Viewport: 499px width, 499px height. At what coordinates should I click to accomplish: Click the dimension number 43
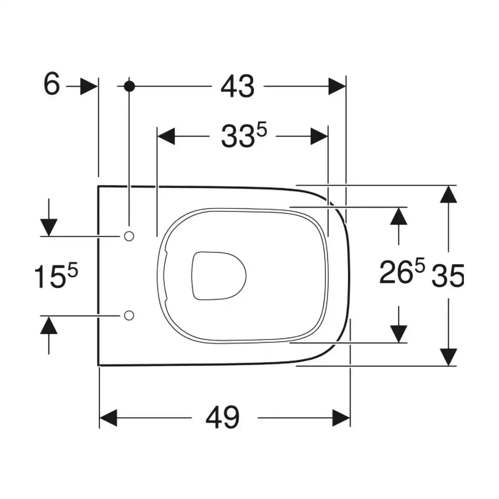coord(237,87)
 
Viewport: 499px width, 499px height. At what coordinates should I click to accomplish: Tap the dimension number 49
coord(223,418)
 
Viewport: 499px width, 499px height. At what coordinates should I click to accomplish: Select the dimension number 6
coord(52,83)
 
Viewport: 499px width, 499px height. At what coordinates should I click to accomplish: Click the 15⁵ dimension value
coord(56,276)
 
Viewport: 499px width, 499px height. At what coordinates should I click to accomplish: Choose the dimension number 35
coord(448,276)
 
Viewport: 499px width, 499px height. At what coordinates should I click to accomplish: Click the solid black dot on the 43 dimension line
coord(129,86)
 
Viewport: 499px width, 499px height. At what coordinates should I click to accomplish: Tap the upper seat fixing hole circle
coord(129,236)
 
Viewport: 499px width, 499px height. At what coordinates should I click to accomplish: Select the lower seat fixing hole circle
coord(129,315)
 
